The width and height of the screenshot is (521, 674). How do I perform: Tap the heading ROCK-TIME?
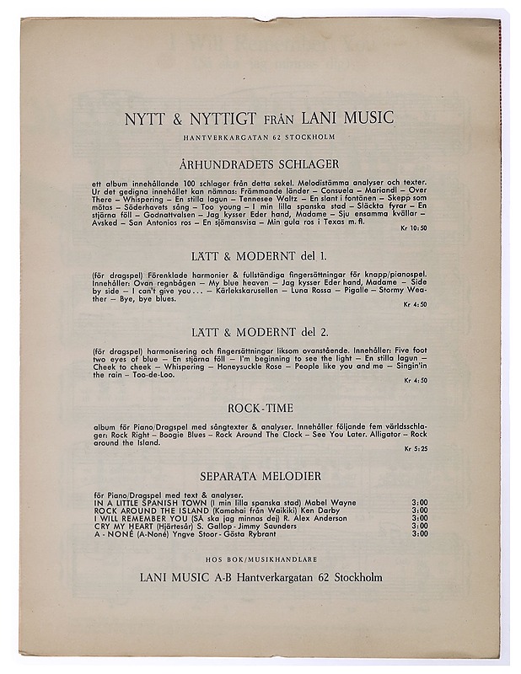(x=260, y=409)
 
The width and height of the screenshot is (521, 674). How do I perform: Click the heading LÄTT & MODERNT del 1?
(x=260, y=255)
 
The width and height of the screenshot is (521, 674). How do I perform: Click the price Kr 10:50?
(x=415, y=228)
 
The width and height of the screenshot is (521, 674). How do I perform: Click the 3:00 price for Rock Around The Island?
(x=419, y=511)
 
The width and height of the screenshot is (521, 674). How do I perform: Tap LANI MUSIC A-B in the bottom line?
(x=181, y=577)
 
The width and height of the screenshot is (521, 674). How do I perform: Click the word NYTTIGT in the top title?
(x=206, y=118)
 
